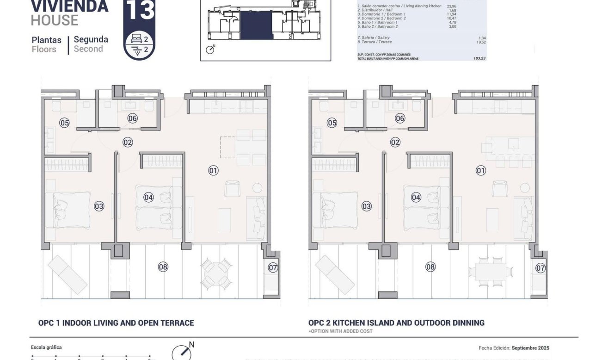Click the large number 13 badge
coord(139,11)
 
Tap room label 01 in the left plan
coord(213,171)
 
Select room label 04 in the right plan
coord(416,198)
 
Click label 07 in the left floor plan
coord(273,267)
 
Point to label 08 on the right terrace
coord(430,267)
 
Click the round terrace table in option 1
coord(216,272)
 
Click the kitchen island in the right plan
coord(509,147)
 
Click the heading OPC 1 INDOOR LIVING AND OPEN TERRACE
coord(116,323)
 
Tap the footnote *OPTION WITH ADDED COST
coord(340,331)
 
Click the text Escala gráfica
coord(46,348)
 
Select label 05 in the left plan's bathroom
coord(64,123)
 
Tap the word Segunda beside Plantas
coord(91,39)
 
